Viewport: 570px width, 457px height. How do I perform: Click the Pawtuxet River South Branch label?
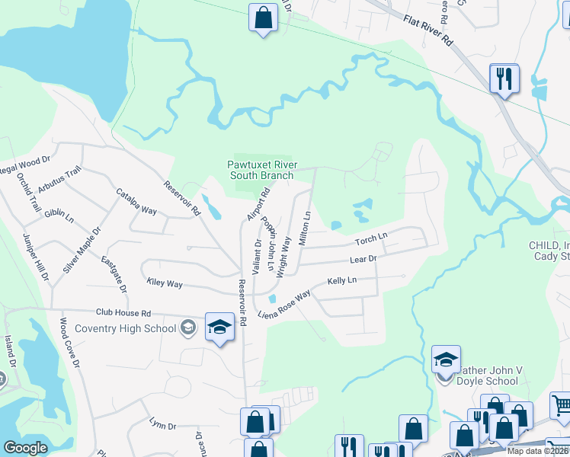261,170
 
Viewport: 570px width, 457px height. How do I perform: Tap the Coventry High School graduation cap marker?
219,327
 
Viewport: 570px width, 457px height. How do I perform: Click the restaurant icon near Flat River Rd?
504,78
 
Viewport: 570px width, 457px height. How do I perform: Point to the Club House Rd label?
123,313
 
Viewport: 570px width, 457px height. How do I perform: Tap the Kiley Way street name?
165,283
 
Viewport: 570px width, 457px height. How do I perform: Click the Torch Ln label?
371,241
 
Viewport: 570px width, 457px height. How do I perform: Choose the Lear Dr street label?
363,260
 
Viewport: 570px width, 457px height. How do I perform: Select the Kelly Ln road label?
342,281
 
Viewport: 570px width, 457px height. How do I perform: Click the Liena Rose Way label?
285,305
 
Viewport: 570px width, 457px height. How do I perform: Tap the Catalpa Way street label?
136,203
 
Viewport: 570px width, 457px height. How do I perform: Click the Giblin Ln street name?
59,216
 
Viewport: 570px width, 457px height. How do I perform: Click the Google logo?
25,448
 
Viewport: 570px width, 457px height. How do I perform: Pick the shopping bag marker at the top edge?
263,18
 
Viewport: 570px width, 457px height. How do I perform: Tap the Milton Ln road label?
305,228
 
